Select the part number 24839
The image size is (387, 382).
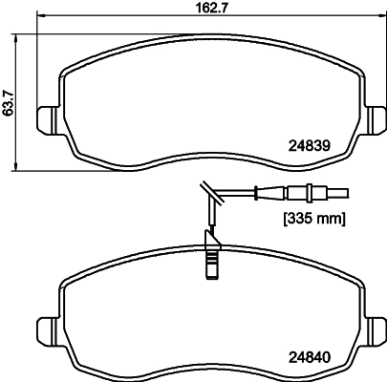(308, 146)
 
